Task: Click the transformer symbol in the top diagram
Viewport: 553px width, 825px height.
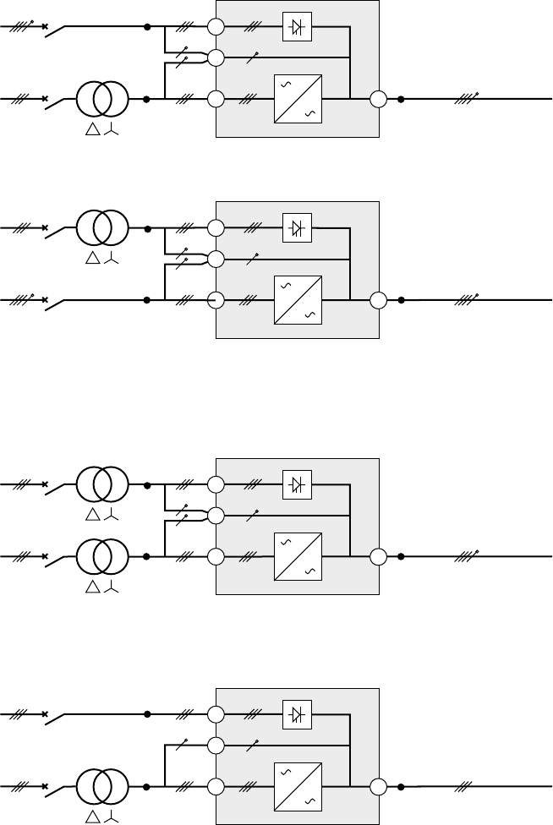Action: coord(103,100)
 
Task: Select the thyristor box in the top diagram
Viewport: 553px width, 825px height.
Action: coord(297,28)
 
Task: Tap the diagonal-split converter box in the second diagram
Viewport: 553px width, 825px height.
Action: coord(296,300)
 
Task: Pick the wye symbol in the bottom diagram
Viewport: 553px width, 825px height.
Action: coord(112,818)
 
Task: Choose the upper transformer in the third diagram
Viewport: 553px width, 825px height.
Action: coord(103,485)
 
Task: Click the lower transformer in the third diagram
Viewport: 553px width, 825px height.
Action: coord(103,557)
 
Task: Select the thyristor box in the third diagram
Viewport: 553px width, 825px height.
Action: coord(297,485)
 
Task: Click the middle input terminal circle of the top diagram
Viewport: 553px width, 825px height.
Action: coord(216,58)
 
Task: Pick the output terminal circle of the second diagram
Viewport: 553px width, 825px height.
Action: coord(378,300)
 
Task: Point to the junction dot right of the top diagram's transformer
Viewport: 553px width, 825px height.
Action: coord(147,100)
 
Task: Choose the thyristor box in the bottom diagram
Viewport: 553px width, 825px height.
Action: coord(297,715)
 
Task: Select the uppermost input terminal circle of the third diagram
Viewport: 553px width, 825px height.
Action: coord(216,485)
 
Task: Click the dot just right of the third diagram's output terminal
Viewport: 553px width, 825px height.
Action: coord(401,557)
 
